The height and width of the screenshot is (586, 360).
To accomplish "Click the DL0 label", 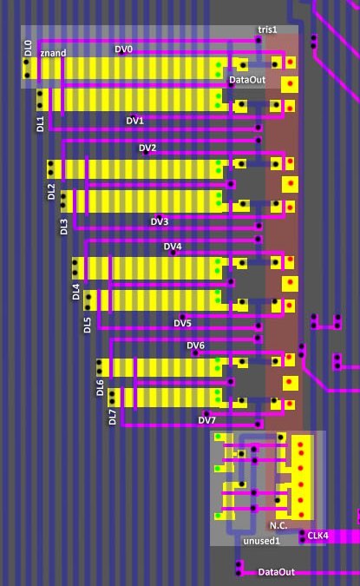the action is point(28,49).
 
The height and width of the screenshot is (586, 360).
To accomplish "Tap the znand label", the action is point(53,53).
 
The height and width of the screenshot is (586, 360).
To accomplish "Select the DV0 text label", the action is point(123,49).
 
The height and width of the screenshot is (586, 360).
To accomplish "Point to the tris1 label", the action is point(267,30).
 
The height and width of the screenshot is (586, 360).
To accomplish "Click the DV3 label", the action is point(160,221).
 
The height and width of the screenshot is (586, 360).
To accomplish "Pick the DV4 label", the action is point(173,247).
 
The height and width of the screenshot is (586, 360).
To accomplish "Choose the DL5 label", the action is point(87,326).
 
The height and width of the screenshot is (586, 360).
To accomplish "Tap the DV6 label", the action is point(196,346).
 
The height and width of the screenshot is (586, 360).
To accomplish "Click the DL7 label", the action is point(113,417).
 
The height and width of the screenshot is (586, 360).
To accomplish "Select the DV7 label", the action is point(206,420).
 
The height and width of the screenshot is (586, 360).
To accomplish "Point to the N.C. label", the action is point(278,525).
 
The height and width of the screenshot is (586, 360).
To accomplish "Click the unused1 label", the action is point(261,541).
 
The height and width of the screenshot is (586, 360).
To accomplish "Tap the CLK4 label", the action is point(317,536).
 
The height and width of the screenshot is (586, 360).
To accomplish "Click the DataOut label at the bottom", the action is point(277,572).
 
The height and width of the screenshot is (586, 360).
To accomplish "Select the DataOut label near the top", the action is point(247,80).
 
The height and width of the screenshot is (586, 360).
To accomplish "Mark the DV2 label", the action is point(147,148).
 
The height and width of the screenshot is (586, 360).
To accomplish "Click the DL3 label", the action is point(64,227).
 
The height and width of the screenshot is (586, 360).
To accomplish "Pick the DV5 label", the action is point(183,323).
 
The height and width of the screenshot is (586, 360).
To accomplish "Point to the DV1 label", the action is point(134,121).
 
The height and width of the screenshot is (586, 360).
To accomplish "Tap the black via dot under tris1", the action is point(259,39).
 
